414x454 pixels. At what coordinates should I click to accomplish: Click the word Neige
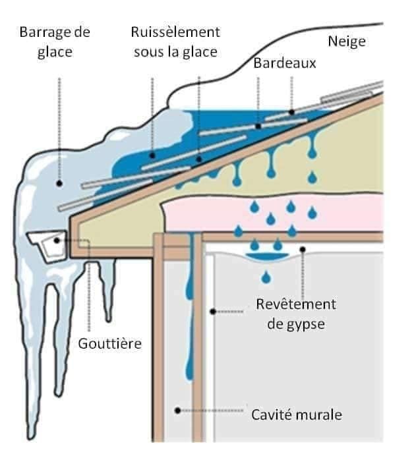coord(347,42)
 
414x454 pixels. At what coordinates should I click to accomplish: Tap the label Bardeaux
coord(285,63)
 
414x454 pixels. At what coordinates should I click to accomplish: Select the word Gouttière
coord(110,344)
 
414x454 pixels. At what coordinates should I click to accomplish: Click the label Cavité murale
coord(297,414)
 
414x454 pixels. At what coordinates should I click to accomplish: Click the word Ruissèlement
coord(175,32)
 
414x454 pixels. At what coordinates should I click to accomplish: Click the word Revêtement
coord(296,304)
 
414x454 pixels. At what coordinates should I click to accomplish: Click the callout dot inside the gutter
coord(57,241)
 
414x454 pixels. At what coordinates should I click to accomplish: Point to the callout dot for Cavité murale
coord(178,411)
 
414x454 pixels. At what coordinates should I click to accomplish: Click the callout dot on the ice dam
coord(59,183)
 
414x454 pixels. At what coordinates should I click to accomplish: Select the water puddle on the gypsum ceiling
coord(267,258)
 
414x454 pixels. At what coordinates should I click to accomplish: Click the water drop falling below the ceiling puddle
coord(266,277)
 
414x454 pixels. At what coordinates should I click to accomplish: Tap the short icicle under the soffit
coord(107,289)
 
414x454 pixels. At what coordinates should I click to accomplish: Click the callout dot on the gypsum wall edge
coord(213,312)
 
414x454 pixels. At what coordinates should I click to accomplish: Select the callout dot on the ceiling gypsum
coord(303,249)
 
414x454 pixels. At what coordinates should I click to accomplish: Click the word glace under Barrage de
coord(55,53)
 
